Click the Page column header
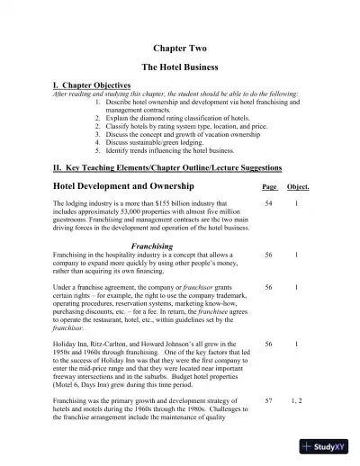(268, 187)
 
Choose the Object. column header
(298, 187)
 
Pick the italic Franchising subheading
(152, 246)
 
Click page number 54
(268, 205)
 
